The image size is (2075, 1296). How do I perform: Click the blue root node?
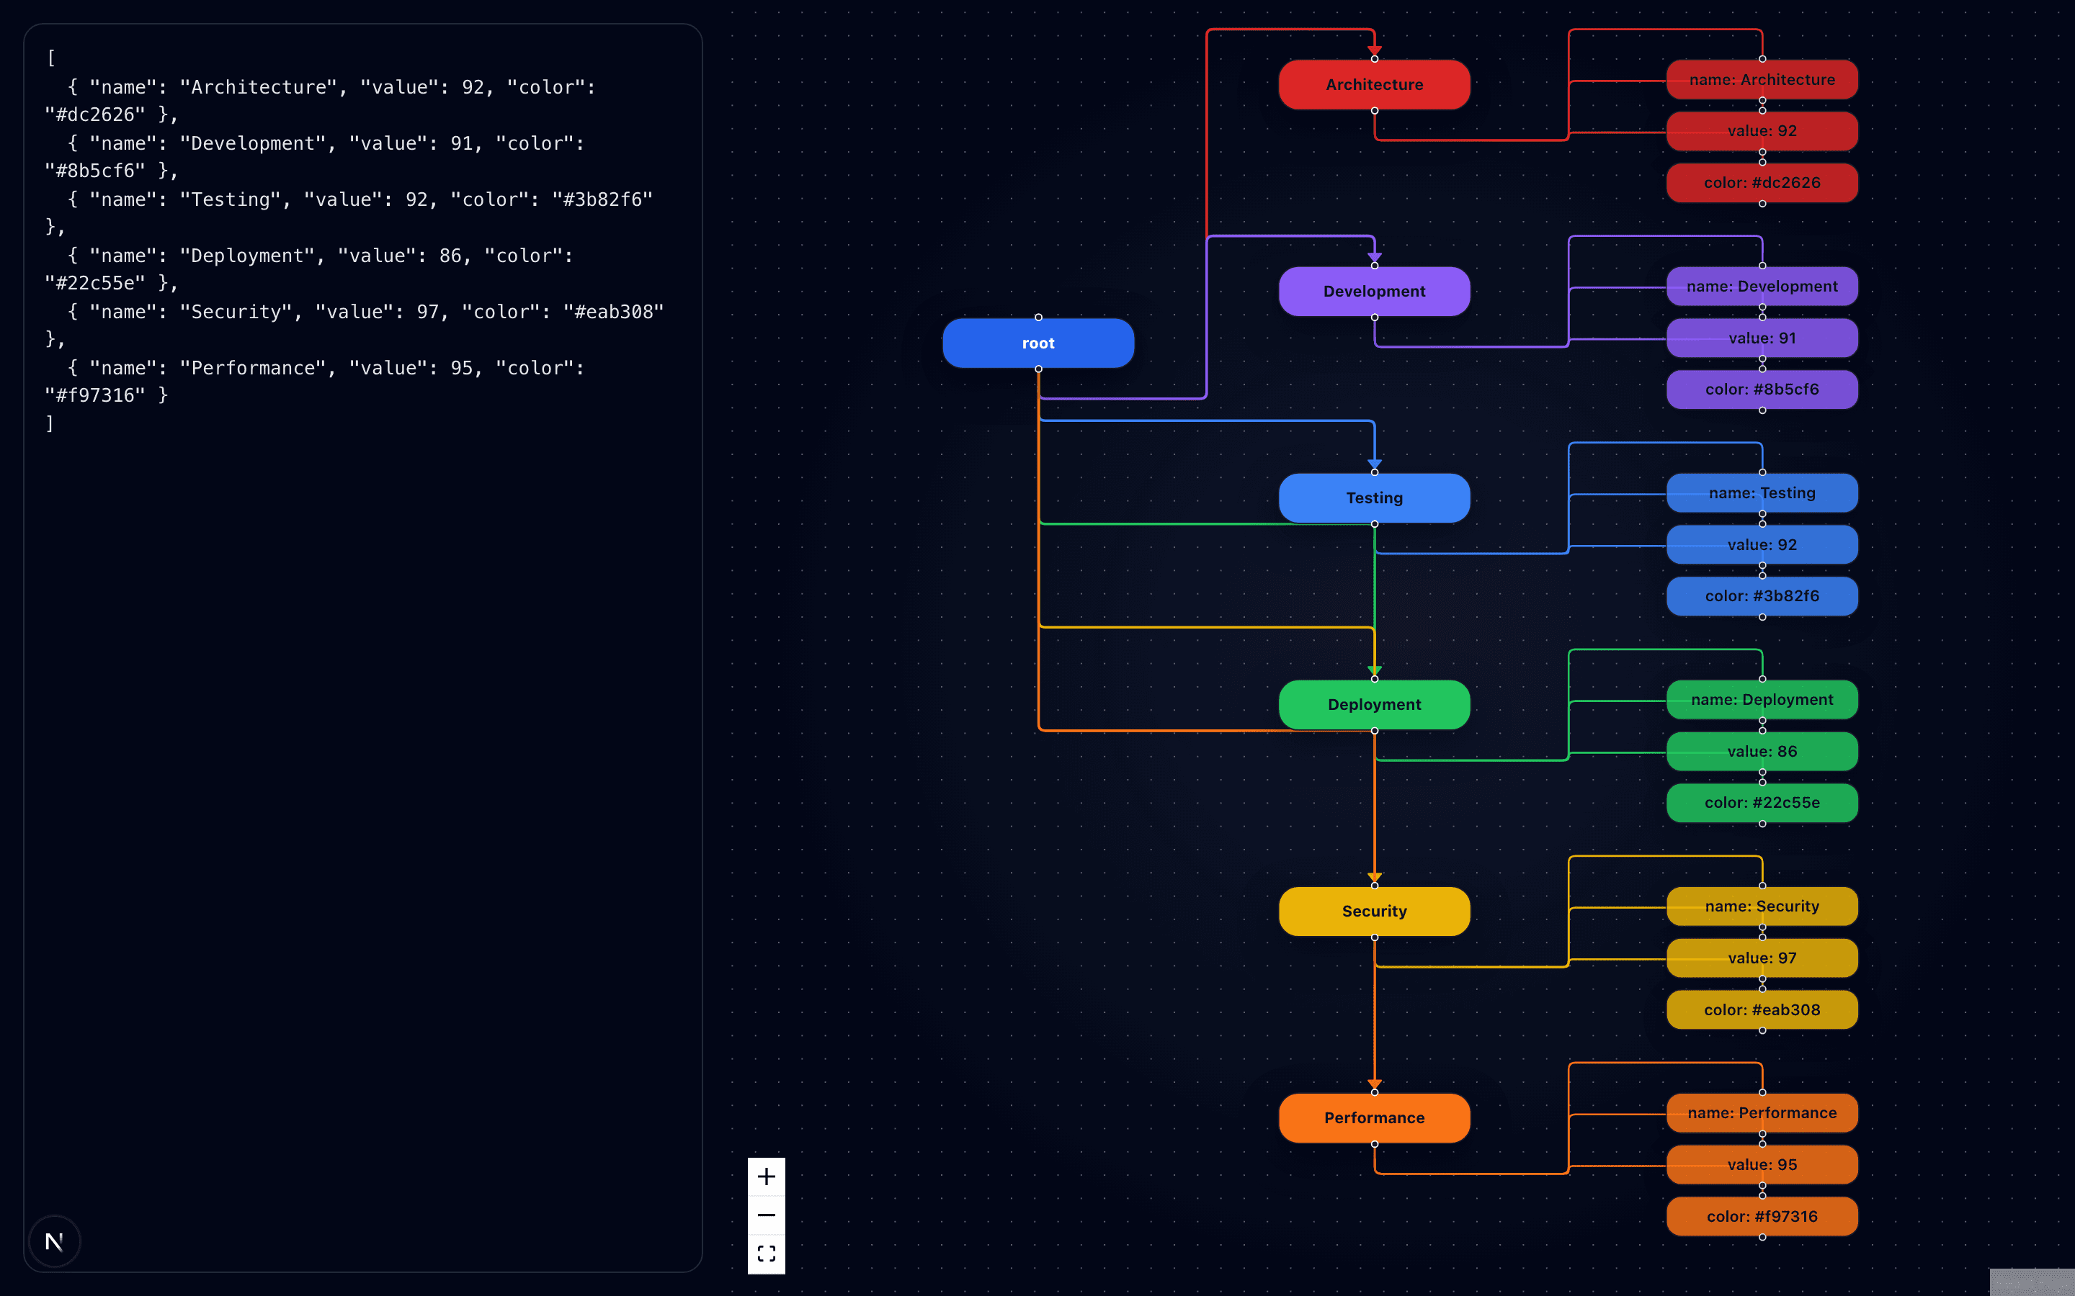1037,343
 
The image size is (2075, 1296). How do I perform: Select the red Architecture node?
1374,85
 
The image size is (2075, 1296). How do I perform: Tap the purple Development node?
1374,292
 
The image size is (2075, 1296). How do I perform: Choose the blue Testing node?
1374,498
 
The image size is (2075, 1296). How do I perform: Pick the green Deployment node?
1374,705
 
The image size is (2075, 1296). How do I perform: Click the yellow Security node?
1374,911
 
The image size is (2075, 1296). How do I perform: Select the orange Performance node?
1374,1117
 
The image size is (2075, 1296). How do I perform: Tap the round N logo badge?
54,1241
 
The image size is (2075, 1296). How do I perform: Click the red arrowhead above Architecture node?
1375,50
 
